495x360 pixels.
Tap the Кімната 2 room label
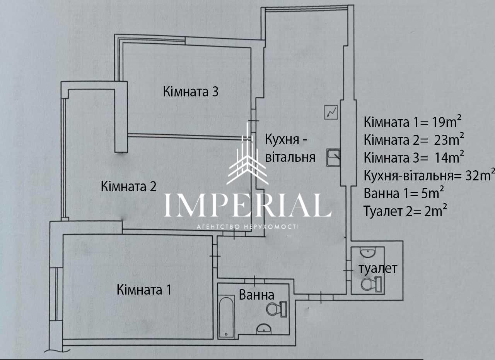(129, 187)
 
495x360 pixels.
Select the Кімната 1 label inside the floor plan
(144, 290)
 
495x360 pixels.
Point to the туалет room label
(378, 269)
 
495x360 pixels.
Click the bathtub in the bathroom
(226, 317)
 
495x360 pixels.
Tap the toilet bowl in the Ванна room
(276, 309)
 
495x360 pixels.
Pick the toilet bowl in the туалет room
(371, 284)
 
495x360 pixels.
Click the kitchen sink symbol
(333, 158)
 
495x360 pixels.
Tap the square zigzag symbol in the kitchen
(331, 112)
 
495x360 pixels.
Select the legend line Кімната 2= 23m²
(414, 139)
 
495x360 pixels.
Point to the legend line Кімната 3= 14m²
(414, 157)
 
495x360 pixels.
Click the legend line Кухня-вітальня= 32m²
(429, 175)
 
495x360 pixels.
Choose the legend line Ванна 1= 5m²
(404, 193)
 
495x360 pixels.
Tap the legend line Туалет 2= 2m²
(405, 211)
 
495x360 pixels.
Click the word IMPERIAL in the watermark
(247, 205)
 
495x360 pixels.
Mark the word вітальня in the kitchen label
(290, 157)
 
